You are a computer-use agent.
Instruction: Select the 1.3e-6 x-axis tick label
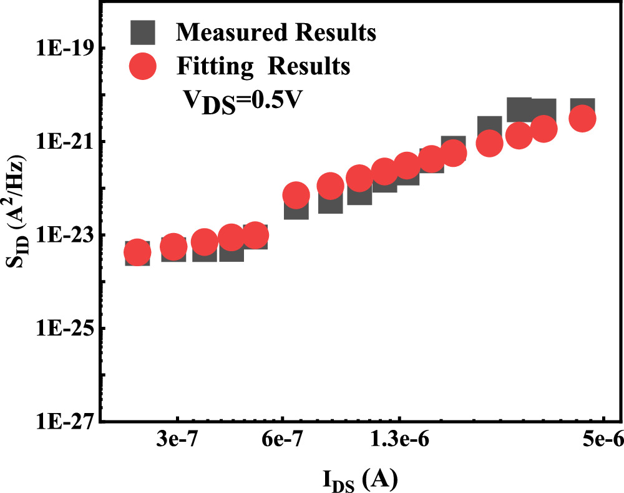click(399, 441)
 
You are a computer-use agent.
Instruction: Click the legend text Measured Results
click(276, 32)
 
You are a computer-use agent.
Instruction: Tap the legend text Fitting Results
click(263, 65)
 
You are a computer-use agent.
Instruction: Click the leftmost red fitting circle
click(137, 252)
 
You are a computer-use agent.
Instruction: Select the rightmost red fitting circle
click(583, 118)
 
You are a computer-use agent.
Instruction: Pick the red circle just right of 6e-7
click(296, 195)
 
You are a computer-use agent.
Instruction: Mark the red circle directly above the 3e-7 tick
click(173, 247)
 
